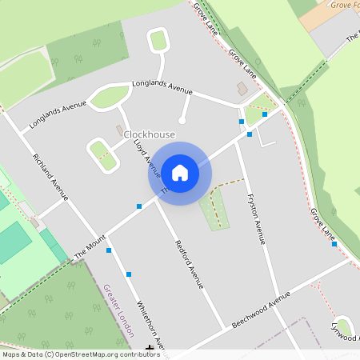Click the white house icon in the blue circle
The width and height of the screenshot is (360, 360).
(179, 172)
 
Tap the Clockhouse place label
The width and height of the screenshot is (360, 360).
(149, 134)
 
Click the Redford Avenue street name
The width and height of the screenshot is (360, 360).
(190, 263)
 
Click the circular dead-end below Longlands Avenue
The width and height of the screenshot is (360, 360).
(182, 121)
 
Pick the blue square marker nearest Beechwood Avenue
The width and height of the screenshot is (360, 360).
(334, 244)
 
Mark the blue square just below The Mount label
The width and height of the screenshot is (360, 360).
(109, 250)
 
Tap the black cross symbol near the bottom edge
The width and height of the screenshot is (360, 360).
(150, 348)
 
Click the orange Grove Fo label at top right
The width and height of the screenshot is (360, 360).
(344, 5)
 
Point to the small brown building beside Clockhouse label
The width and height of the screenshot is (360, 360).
(120, 130)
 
